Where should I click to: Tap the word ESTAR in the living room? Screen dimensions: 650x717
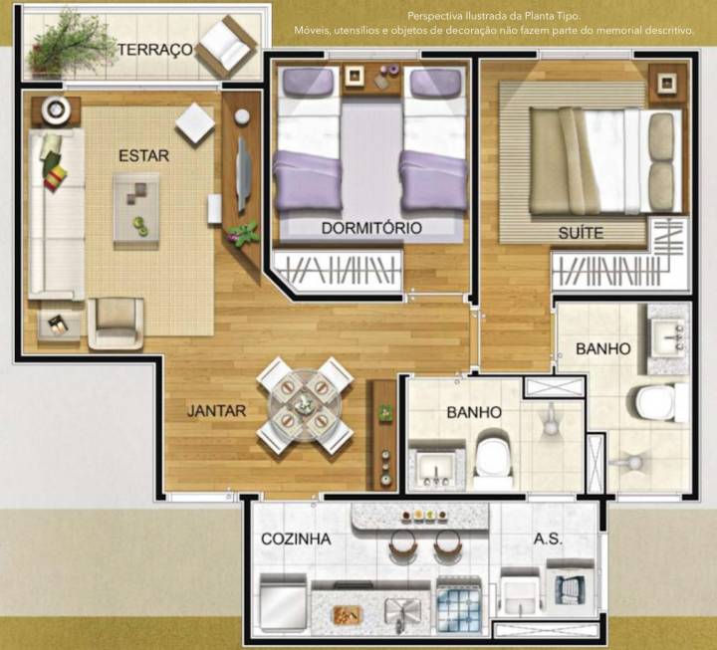(x=143, y=155)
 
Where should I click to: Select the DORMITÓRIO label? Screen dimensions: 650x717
(x=371, y=228)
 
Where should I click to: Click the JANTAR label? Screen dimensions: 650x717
(x=216, y=409)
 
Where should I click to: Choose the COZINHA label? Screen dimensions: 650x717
(x=296, y=539)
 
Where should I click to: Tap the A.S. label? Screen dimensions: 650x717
(x=548, y=539)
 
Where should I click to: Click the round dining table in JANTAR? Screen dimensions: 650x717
(x=305, y=405)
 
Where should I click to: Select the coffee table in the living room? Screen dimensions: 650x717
(x=136, y=207)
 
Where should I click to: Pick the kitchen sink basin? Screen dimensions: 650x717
(x=402, y=608)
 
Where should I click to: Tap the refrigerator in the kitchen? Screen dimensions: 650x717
(x=284, y=604)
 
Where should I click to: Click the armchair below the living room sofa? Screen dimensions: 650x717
(x=117, y=323)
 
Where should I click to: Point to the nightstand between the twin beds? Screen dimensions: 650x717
(x=355, y=78)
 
